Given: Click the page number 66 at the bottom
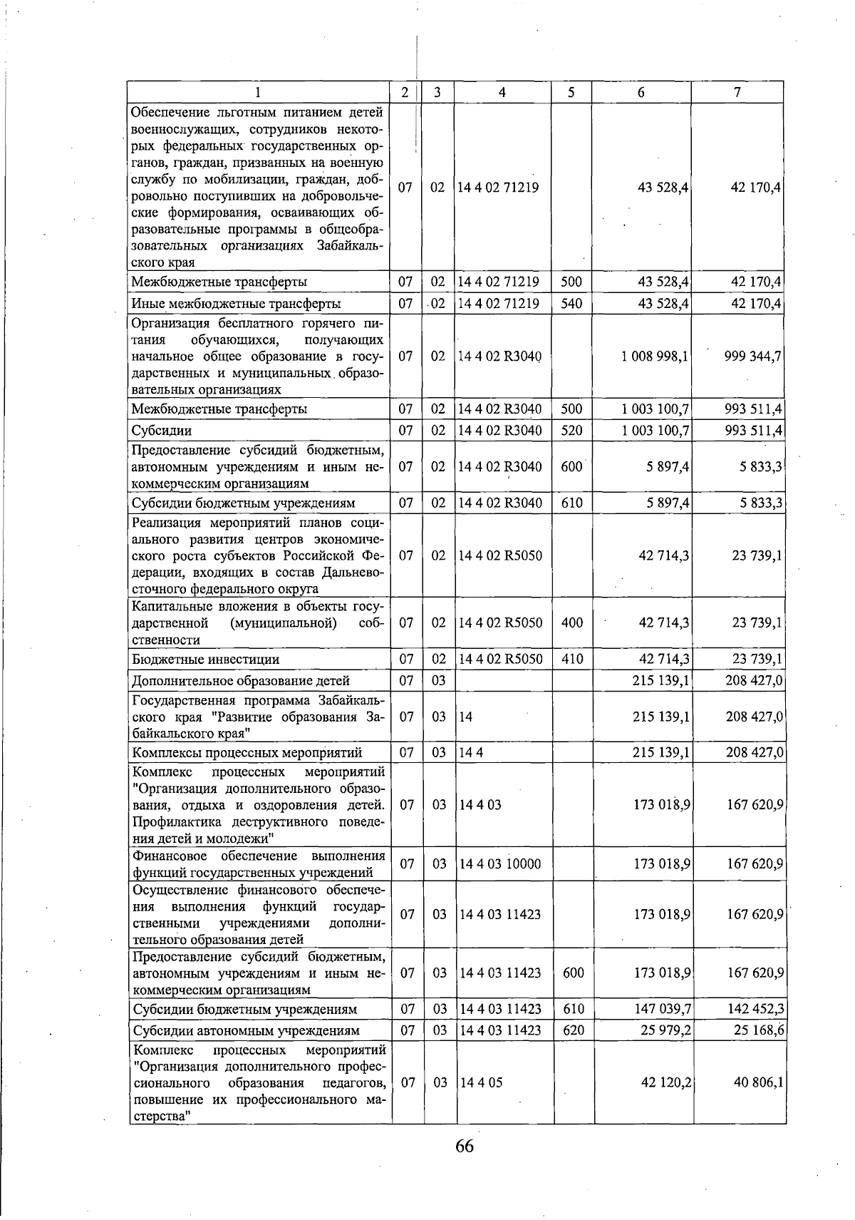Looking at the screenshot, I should pyautogui.click(x=464, y=1146).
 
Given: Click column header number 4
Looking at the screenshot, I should pyautogui.click(x=502, y=92).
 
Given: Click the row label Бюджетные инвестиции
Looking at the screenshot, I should pyautogui.click(x=205, y=659).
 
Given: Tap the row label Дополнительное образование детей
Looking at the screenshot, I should pyautogui.click(x=240, y=680).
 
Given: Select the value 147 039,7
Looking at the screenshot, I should pyautogui.click(x=663, y=1009).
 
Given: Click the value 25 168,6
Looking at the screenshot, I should pyautogui.click(x=759, y=1030).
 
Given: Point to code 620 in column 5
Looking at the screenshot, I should pyautogui.click(x=572, y=1030).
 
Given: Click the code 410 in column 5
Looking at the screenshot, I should pyautogui.click(x=572, y=659).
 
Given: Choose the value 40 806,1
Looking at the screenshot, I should pyautogui.click(x=759, y=1082).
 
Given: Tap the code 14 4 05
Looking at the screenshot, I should pyautogui.click(x=481, y=1082).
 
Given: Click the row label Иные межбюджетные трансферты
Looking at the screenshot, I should pyautogui.click(x=236, y=304).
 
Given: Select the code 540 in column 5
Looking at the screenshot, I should pyautogui.click(x=571, y=304).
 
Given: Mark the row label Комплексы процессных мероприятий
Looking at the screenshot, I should pyautogui.click(x=247, y=752).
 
